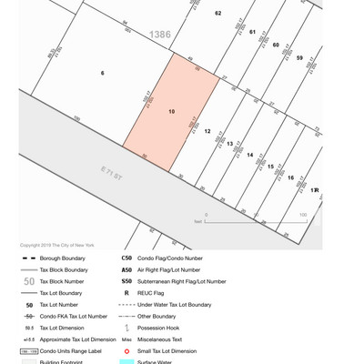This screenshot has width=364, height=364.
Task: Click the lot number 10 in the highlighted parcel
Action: (171, 111)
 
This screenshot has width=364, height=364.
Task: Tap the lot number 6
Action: (102, 73)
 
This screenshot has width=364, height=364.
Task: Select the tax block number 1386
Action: (160, 35)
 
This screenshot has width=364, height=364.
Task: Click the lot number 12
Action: (207, 131)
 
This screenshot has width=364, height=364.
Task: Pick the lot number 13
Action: (230, 144)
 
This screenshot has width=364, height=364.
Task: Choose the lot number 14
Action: (250, 155)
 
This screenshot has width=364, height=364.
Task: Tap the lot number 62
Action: (217, 14)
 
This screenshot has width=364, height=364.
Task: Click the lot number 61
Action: (252, 31)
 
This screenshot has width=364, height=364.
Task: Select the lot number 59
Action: (298, 57)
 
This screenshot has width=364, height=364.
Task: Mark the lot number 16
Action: (290, 177)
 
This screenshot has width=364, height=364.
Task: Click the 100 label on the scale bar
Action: (302, 215)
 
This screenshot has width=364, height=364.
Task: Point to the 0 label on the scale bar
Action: (206, 215)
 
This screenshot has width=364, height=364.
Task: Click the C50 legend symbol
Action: (126, 258)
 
